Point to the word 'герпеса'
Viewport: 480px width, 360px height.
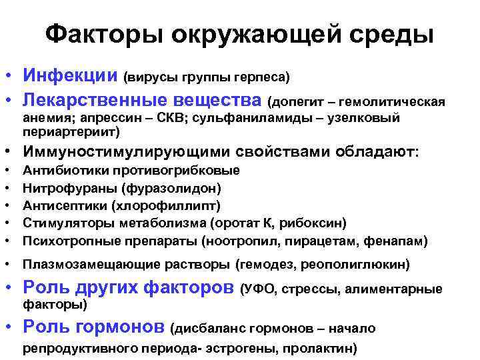point(261,77)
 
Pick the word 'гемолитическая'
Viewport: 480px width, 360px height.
point(392,102)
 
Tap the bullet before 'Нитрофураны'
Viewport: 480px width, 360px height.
point(10,188)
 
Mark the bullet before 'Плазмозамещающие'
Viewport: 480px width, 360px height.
point(10,265)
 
